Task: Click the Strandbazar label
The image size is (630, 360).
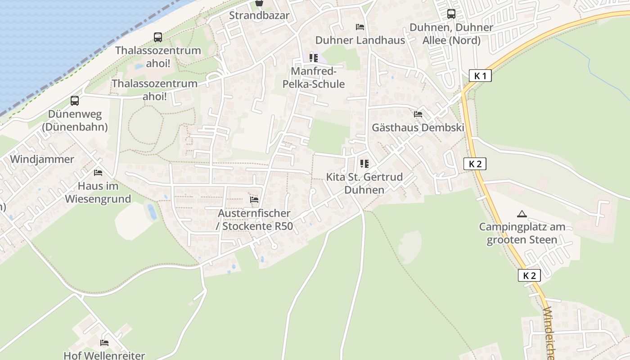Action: tap(259, 15)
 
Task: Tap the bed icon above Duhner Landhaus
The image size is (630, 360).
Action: tap(360, 27)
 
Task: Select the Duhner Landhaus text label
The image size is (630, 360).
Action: tap(360, 40)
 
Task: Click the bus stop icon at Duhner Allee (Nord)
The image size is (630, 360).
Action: tap(451, 14)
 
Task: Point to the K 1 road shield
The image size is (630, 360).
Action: tap(480, 76)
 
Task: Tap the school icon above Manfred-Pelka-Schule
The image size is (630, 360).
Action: tap(314, 58)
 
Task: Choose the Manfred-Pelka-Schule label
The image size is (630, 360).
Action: tap(313, 78)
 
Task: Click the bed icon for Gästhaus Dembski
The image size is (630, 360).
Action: tap(418, 114)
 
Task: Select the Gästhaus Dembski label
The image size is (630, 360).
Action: tap(418, 127)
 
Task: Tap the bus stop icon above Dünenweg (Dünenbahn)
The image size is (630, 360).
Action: tap(75, 101)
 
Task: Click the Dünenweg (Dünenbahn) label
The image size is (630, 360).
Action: tap(75, 121)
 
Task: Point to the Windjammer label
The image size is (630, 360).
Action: tap(42, 159)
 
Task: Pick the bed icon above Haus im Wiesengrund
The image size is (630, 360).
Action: tap(98, 173)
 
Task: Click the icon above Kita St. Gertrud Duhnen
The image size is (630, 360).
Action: tap(364, 164)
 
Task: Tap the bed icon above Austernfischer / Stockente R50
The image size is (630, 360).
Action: tap(254, 200)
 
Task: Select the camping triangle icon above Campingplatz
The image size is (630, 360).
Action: tap(522, 214)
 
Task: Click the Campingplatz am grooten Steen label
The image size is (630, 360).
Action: tap(522, 233)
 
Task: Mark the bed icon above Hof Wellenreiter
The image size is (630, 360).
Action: tap(104, 343)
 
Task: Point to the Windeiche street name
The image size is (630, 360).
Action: tap(549, 333)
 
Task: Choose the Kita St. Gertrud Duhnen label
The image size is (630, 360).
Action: tap(364, 183)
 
